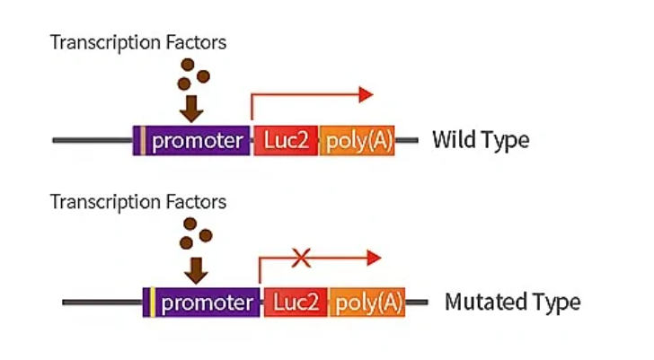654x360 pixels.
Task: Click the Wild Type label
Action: (481, 140)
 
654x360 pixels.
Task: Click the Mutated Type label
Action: (512, 302)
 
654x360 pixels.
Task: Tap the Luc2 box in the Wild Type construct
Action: (286, 141)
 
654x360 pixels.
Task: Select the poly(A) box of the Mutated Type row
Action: (367, 303)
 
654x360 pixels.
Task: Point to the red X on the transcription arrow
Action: (302, 259)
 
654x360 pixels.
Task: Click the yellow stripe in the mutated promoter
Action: (153, 303)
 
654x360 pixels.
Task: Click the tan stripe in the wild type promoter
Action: (142, 141)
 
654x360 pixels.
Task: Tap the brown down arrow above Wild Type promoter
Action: (190, 109)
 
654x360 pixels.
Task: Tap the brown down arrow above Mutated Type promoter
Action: (195, 268)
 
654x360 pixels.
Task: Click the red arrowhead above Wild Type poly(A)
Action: (365, 94)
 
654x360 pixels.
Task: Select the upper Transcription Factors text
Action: (138, 42)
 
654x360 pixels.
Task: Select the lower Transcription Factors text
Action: (138, 201)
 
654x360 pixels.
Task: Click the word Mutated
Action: (489, 302)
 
